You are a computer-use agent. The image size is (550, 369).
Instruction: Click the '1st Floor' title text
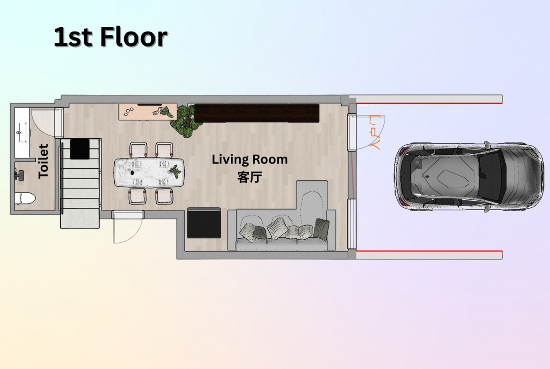pyautogui.click(x=111, y=37)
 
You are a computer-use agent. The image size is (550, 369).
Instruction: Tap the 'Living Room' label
pyautogui.click(x=250, y=160)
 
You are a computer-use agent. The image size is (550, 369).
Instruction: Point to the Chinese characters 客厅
pyautogui.click(x=250, y=177)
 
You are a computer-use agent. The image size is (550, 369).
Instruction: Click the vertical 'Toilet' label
pyautogui.click(x=43, y=161)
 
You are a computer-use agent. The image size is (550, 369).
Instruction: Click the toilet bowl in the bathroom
pyautogui.click(x=26, y=199)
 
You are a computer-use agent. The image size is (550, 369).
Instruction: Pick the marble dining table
pyautogui.click(x=149, y=173)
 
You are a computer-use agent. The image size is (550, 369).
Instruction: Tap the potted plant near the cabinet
pyautogui.click(x=184, y=119)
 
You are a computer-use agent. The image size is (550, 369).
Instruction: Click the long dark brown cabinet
pyautogui.click(x=257, y=113)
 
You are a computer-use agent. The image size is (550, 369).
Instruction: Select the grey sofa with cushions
pyautogui.click(x=283, y=221)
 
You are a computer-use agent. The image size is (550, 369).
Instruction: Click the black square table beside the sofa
pyautogui.click(x=204, y=223)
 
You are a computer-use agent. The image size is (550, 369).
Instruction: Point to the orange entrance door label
pyautogui.click(x=375, y=133)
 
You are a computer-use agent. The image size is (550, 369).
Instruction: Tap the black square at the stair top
pyautogui.click(x=79, y=149)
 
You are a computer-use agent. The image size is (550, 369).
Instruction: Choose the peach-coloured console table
pyautogui.click(x=147, y=111)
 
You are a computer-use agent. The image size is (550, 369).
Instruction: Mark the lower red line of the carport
pyautogui.click(x=429, y=251)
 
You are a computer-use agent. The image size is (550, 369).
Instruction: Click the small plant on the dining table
pyautogui.click(x=175, y=171)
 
